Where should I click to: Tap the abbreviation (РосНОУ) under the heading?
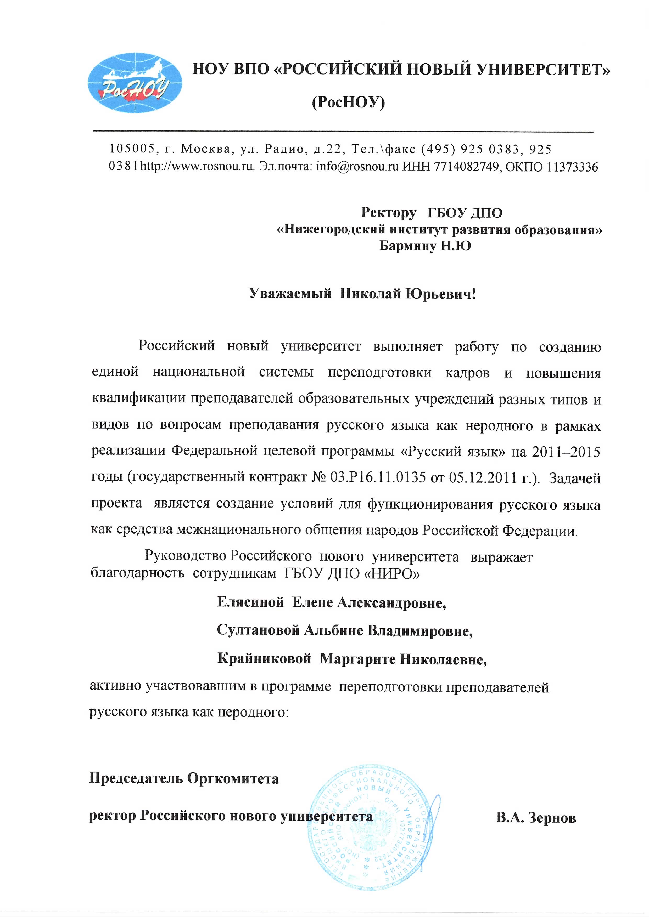pos(348,103)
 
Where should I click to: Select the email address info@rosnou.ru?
pos(357,167)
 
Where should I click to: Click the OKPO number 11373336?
pos(572,167)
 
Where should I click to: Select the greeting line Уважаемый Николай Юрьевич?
pos(362,294)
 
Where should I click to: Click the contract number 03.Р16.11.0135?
pos(378,478)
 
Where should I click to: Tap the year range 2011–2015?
pos(566,452)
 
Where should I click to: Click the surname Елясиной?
pos(250,602)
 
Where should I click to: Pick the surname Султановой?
pos(258,630)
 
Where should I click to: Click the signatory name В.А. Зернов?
pos(536,818)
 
